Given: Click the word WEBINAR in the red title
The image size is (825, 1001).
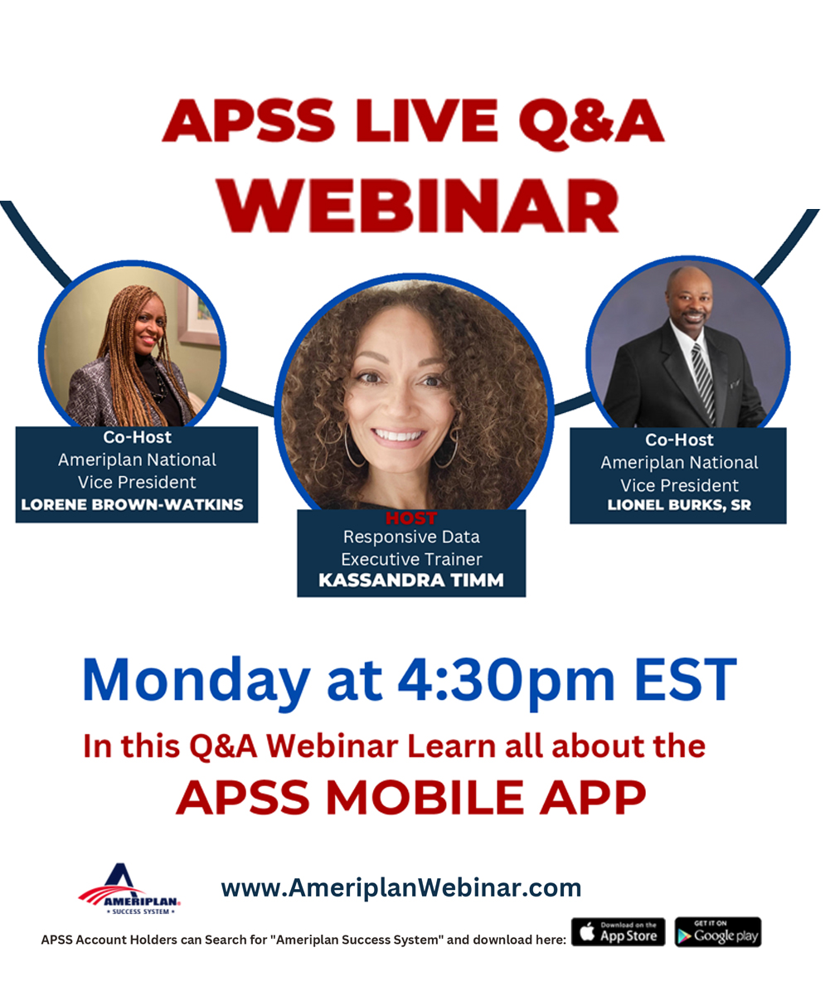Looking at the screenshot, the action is (x=419, y=207).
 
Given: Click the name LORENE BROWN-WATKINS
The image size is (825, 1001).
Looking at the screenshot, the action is (x=133, y=505).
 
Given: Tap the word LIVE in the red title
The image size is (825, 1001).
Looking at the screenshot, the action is (x=427, y=121).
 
